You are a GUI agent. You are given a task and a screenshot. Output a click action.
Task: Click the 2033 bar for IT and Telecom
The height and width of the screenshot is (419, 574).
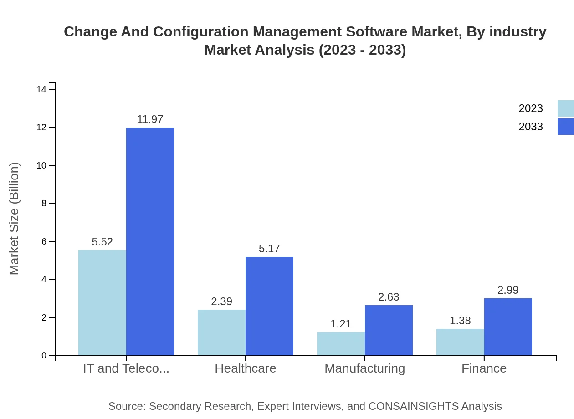[150, 241]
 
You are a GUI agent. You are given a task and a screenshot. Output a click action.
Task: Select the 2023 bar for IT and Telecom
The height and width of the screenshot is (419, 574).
[102, 302]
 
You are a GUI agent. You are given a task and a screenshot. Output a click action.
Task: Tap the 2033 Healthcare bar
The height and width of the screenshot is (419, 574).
[269, 306]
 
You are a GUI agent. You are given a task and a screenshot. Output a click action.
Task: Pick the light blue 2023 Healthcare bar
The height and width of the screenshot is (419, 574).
[221, 332]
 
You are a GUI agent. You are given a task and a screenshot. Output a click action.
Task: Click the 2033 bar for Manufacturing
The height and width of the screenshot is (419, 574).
[389, 330]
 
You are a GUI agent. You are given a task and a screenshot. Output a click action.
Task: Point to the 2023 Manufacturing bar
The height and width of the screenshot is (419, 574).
[341, 344]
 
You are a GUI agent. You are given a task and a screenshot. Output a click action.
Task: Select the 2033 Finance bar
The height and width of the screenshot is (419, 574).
[508, 327]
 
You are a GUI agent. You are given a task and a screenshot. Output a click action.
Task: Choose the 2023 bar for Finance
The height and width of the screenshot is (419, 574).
[460, 342]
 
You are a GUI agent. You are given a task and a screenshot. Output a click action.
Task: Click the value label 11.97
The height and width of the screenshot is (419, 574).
[150, 119]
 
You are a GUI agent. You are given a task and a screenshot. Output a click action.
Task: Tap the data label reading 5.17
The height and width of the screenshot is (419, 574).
[269, 249]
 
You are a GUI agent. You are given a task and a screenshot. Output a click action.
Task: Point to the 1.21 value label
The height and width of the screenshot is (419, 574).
[341, 324]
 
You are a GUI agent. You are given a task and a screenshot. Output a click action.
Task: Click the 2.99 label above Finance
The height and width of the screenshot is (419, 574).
[508, 290]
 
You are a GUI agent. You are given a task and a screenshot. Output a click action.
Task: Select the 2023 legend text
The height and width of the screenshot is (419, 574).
[531, 108]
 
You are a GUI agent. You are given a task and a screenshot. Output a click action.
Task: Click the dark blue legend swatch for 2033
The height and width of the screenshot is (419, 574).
[565, 127]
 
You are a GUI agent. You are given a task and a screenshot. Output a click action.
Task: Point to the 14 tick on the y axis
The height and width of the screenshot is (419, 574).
[41, 89]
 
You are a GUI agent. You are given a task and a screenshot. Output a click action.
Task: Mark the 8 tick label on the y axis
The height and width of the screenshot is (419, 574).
[44, 204]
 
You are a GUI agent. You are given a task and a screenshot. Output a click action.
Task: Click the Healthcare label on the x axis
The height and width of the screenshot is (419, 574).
[246, 368]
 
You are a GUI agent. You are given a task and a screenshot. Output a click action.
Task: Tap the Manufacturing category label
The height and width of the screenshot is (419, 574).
[364, 368]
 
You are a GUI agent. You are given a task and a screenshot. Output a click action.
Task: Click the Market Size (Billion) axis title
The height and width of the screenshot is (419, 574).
[15, 219]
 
